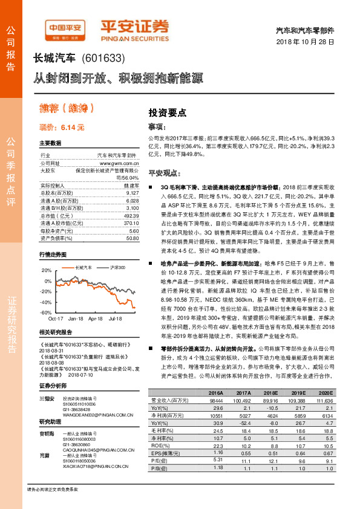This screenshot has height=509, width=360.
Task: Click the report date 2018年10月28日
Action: point(306,41)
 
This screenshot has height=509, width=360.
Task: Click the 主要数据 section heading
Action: point(50,143)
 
